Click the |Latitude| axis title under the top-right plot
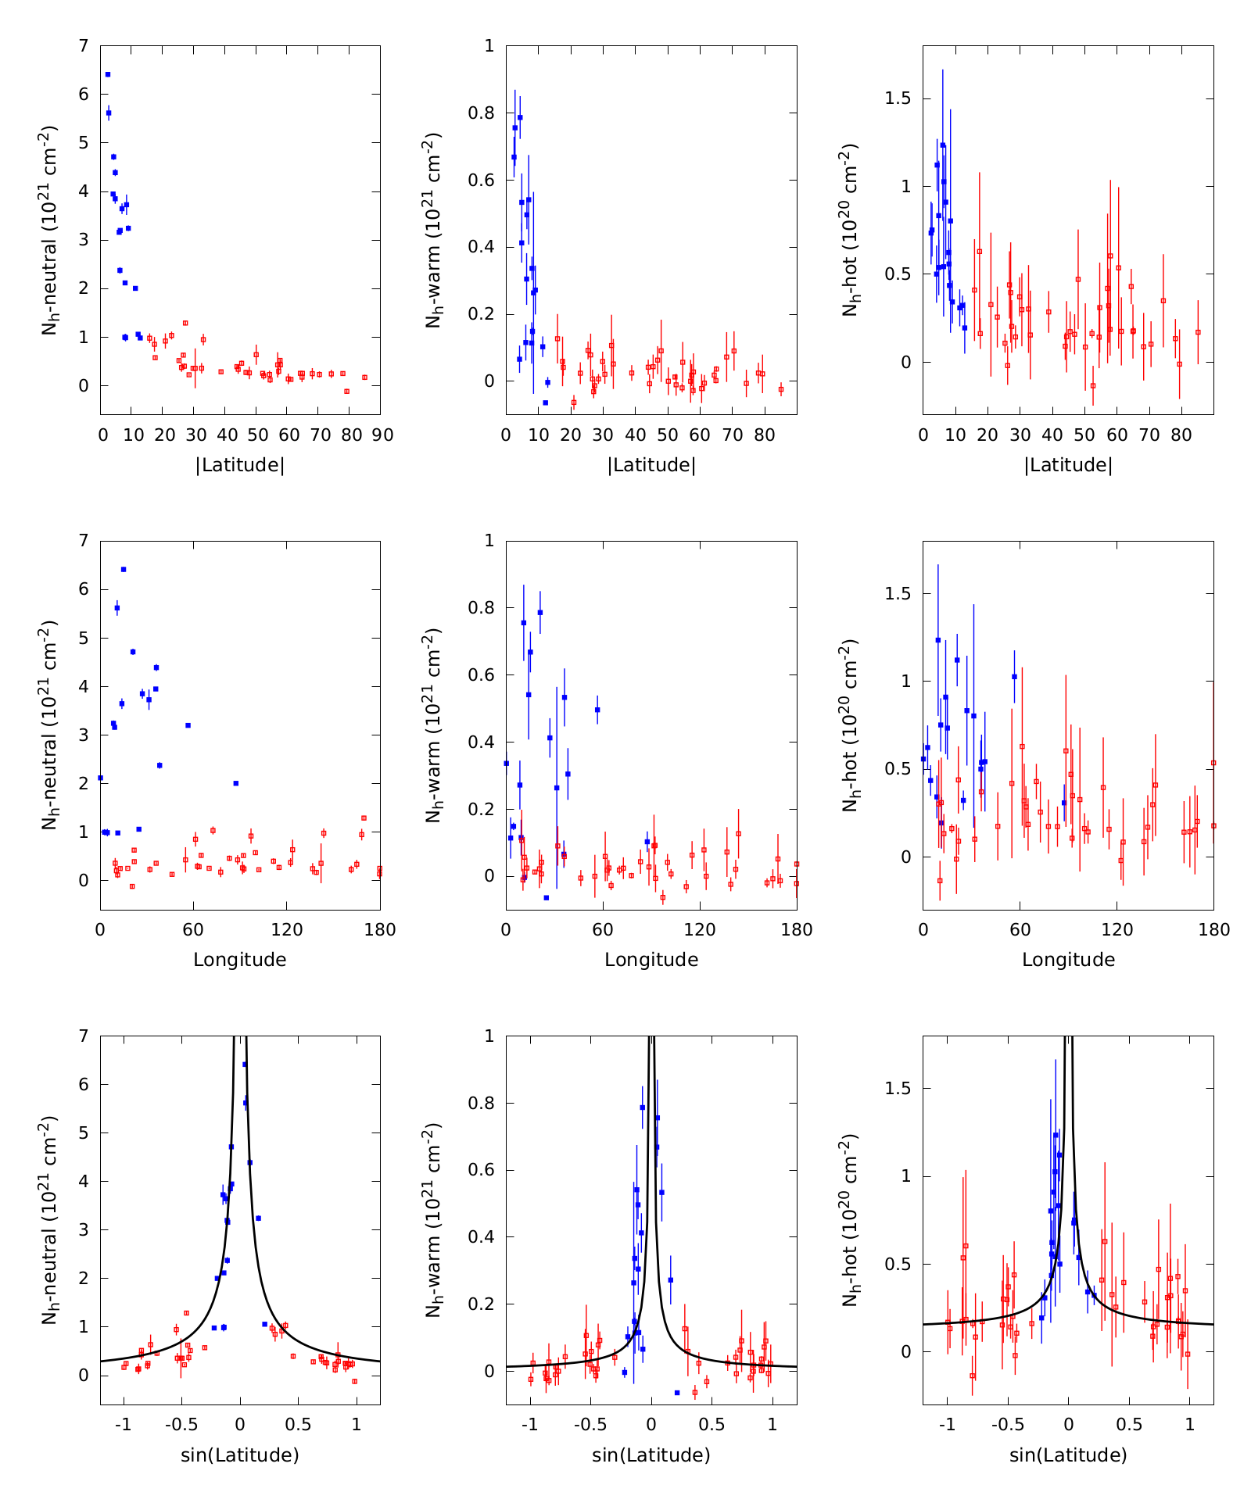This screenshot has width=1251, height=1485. pyautogui.click(x=1068, y=465)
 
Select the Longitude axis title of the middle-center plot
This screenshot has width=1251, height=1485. pyautogui.click(x=651, y=960)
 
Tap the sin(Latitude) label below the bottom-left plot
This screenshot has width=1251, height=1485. pyautogui.click(x=240, y=1455)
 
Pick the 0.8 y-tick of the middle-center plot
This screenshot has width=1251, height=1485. pyautogui.click(x=484, y=608)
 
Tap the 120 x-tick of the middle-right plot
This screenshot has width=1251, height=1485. pyautogui.click(x=1117, y=930)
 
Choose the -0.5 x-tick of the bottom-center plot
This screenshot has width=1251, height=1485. pyautogui.click(x=590, y=1425)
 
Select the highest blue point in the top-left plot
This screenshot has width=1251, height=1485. pyautogui.click(x=108, y=74)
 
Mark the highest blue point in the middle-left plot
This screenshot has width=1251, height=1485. pyautogui.click(x=124, y=569)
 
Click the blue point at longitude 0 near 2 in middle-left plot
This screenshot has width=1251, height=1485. pyautogui.click(x=101, y=778)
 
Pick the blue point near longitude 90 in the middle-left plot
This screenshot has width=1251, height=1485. pyautogui.click(x=236, y=783)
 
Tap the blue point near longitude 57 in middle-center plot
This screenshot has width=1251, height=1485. pyautogui.click(x=597, y=710)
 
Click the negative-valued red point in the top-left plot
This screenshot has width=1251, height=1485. pyautogui.click(x=346, y=392)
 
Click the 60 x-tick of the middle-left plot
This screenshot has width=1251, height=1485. pyautogui.click(x=193, y=930)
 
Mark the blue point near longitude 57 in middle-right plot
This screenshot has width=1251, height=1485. pyautogui.click(x=1014, y=677)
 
